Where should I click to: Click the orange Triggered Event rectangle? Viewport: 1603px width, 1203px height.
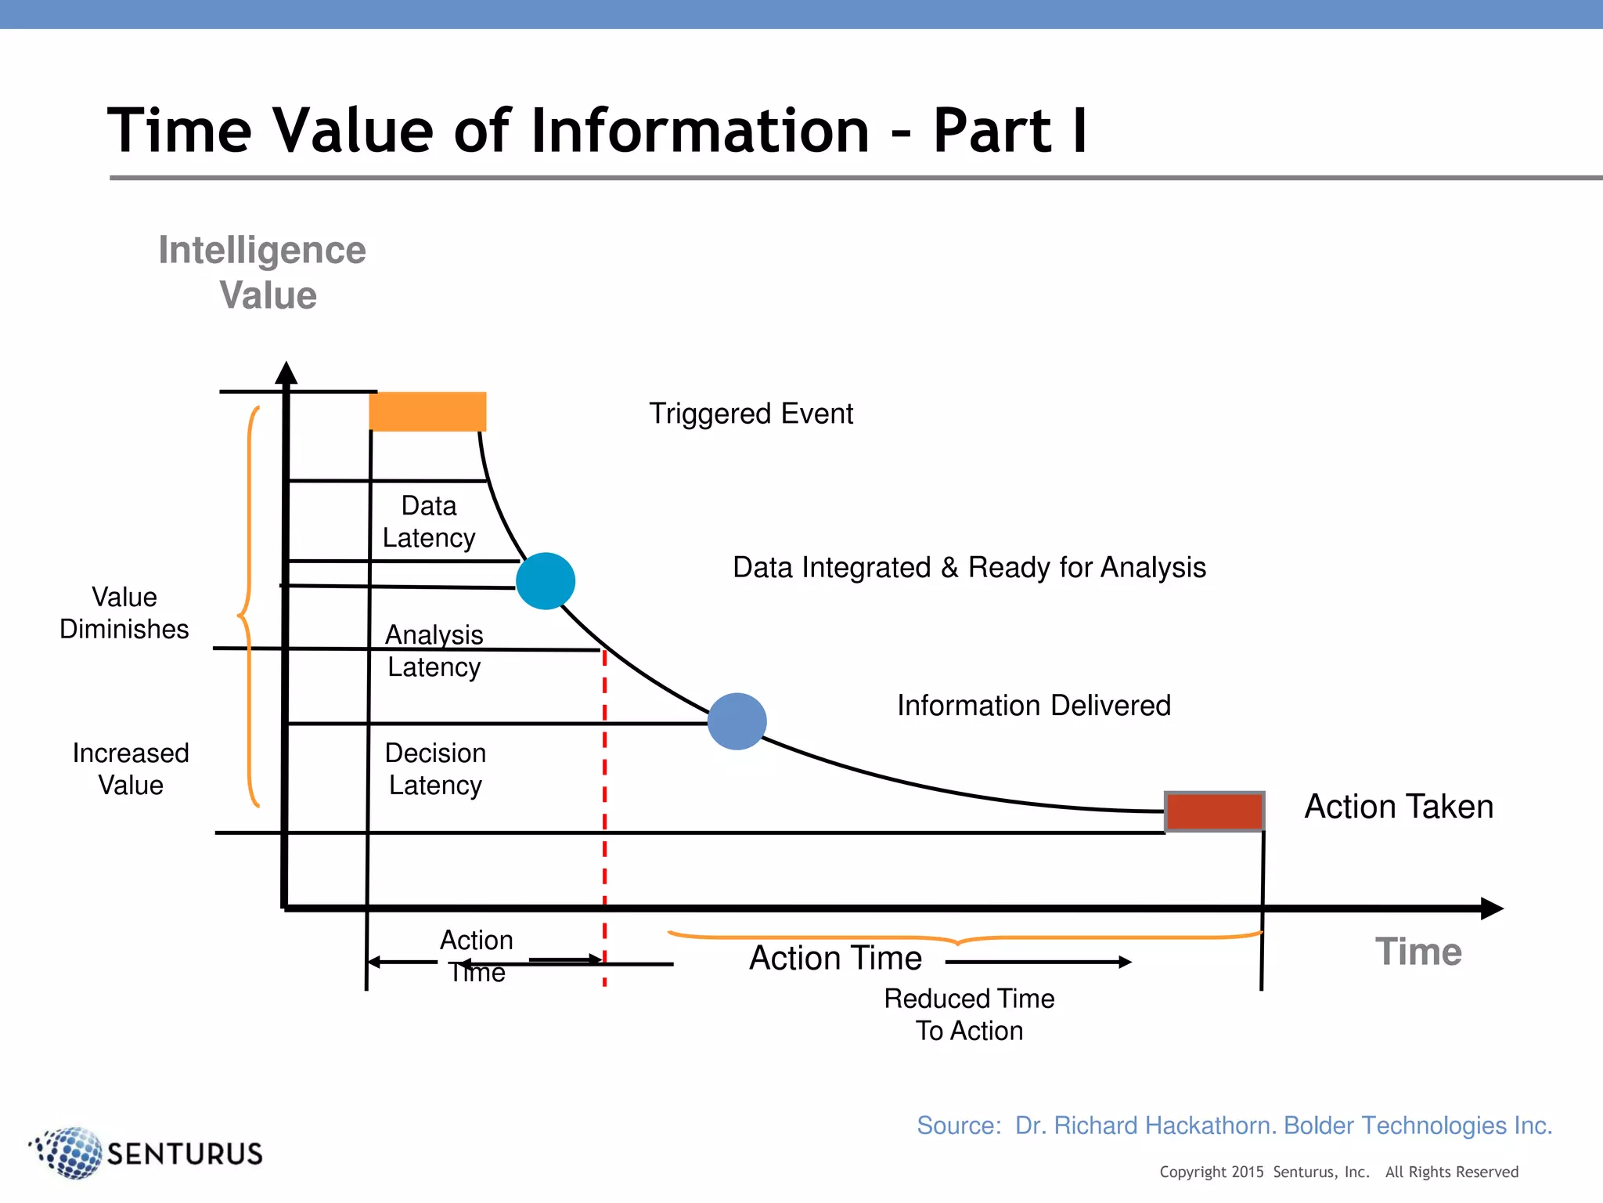(427, 411)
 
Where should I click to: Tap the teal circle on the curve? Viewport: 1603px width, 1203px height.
(546, 581)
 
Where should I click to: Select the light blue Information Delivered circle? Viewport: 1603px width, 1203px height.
(737, 721)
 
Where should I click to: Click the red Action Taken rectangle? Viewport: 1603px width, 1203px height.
(1214, 811)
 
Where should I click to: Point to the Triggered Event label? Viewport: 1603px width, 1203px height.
(751, 414)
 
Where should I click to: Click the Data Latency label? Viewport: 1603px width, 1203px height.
(429, 522)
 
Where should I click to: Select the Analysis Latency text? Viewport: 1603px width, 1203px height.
(434, 651)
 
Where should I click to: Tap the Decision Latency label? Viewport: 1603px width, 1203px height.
(435, 769)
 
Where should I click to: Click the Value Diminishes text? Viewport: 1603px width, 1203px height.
(124, 613)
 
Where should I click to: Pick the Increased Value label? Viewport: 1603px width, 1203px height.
(131, 769)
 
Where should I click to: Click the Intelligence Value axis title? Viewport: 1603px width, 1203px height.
(263, 273)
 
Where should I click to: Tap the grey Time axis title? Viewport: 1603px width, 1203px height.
(1418, 952)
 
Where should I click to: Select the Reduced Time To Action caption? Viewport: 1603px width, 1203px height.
(969, 1014)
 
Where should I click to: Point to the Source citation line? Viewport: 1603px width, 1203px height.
(1234, 1125)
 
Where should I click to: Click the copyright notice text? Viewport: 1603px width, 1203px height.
(1338, 1172)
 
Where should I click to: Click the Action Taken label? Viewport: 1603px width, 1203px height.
(1399, 807)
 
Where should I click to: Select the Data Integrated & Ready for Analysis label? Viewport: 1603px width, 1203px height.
(969, 567)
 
